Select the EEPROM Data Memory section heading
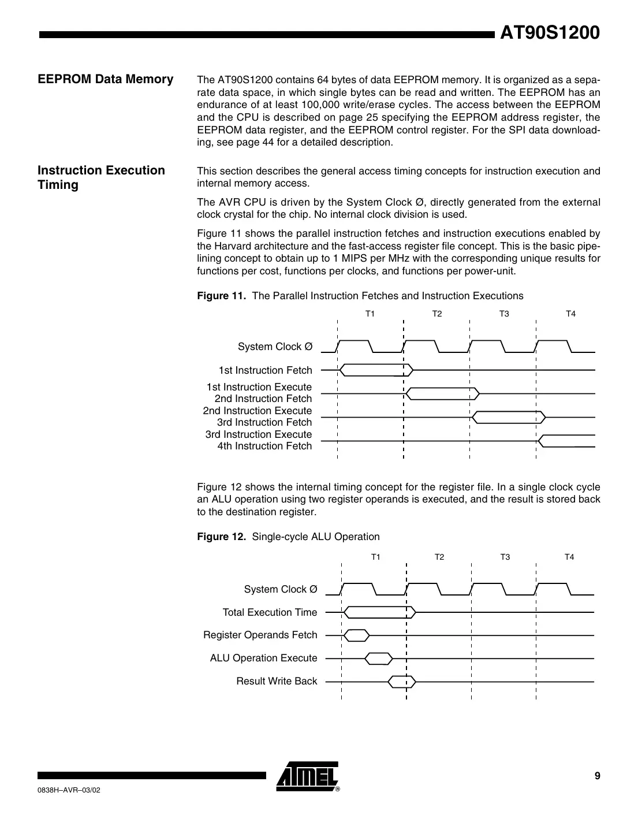106,79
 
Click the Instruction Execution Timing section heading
101,177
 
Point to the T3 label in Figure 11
504,314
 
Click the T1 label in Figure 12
375,557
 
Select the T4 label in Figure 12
569,557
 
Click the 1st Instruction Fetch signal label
265,370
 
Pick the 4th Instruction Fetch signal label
264,446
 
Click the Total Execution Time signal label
270,612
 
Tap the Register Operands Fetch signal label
260,635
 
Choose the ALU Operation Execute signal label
263,658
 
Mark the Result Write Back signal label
277,681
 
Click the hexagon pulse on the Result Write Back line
402,682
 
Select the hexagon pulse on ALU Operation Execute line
379,658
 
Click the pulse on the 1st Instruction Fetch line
376,369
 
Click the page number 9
598,776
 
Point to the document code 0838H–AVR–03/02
69,790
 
